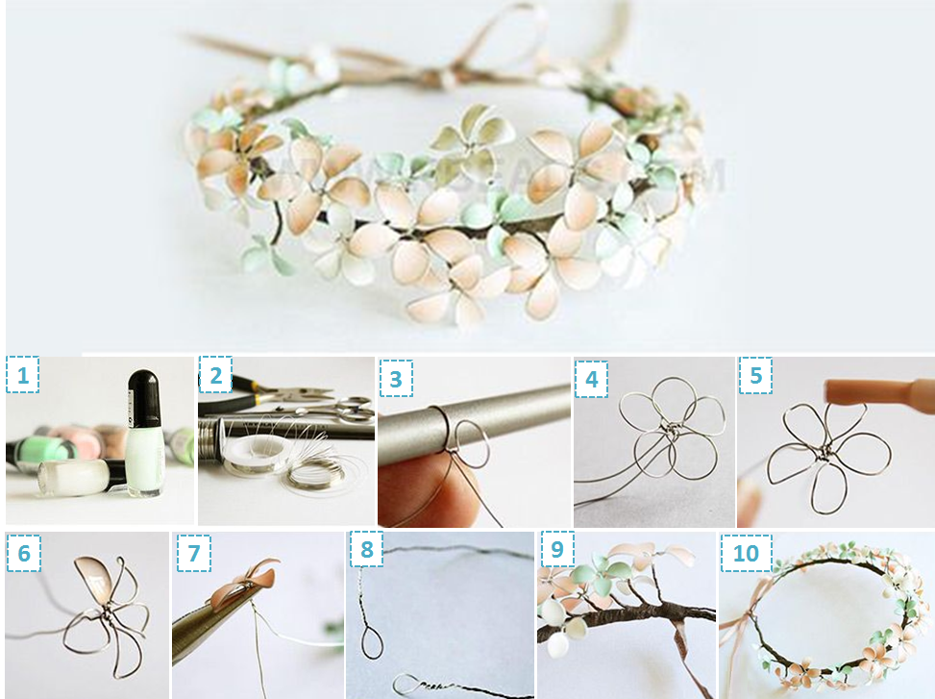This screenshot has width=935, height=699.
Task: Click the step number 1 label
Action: pyautogui.click(x=23, y=375)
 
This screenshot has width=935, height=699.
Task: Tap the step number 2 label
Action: pyautogui.click(x=215, y=376)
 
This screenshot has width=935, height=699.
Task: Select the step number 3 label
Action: pyautogui.click(x=395, y=378)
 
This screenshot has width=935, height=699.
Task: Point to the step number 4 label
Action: pyautogui.click(x=592, y=378)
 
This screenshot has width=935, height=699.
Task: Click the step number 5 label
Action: pyautogui.click(x=756, y=376)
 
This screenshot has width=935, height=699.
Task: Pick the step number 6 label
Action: pyautogui.click(x=23, y=553)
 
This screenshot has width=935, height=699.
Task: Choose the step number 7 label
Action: pyautogui.click(x=191, y=553)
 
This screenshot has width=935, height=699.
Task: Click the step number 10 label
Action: pyautogui.click(x=746, y=554)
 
